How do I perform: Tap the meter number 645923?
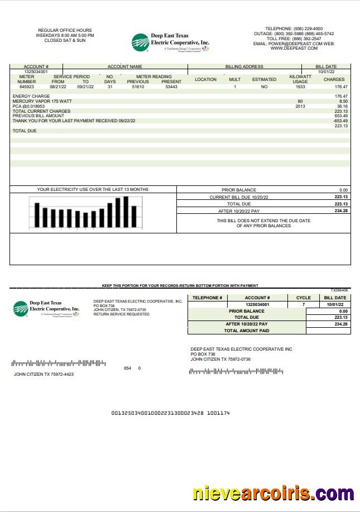click(x=26, y=87)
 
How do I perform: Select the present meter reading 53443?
click(x=171, y=87)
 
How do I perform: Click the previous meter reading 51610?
click(x=138, y=87)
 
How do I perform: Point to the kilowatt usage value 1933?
click(x=300, y=87)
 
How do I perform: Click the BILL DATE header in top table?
click(x=326, y=66)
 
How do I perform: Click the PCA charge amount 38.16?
click(x=342, y=106)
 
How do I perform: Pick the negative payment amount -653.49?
click(x=340, y=121)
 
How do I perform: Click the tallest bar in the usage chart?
click(x=126, y=212)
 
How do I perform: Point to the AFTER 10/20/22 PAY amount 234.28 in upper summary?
click(x=341, y=211)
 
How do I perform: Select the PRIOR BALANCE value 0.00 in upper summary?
click(x=343, y=190)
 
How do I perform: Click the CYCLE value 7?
click(x=304, y=304)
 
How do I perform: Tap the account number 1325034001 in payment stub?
click(x=257, y=304)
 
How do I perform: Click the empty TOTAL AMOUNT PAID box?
click(x=328, y=331)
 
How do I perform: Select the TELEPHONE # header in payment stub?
click(x=208, y=298)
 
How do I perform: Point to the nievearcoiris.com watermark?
click(x=273, y=494)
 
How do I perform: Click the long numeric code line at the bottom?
click(x=170, y=413)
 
